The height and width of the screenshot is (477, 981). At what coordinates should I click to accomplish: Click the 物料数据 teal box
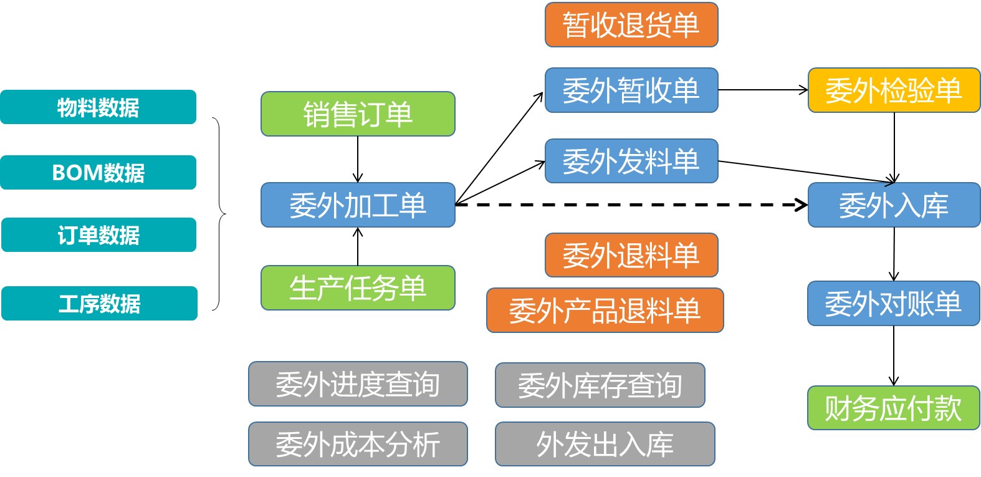pos(98,107)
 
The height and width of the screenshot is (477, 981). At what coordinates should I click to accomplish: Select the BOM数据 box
pos(98,173)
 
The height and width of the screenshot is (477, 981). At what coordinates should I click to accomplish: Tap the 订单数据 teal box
pos(98,235)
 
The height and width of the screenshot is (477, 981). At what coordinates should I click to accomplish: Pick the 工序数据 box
pos(99,304)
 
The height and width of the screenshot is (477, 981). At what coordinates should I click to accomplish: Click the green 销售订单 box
pos(358,114)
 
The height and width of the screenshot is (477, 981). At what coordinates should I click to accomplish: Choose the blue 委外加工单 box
pos(358,205)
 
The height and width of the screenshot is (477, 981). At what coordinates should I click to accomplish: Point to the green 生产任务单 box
pos(358,288)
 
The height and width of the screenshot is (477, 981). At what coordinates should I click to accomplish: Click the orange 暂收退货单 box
pos(631,25)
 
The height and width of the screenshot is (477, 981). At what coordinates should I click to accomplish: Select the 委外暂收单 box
pos(631,90)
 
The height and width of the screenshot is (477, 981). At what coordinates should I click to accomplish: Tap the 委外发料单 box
pos(631,161)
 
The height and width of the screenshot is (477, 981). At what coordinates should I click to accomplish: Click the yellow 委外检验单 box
pos(894,90)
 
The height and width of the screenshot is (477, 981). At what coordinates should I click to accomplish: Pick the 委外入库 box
pos(894,205)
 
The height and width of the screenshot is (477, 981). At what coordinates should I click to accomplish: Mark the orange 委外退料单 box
pos(631,255)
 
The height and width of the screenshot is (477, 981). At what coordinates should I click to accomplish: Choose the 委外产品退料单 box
pos(605,311)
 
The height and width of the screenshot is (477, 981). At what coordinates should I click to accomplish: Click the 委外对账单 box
pos(894,304)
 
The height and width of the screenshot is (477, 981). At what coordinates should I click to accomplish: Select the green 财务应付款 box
pos(894,408)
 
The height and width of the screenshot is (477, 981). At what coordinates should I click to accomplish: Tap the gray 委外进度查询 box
pos(358,384)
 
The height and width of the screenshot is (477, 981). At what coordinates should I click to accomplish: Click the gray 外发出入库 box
pos(605,444)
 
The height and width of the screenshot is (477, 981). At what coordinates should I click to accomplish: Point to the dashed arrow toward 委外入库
pos(629,205)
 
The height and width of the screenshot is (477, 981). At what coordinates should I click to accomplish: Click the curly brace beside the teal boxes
pos(219,214)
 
